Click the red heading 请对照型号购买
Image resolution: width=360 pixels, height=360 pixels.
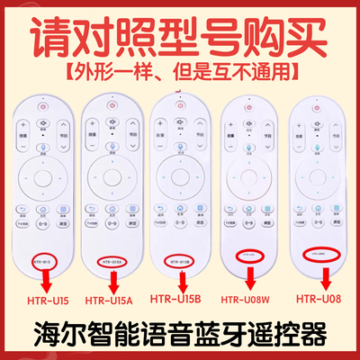[180, 31]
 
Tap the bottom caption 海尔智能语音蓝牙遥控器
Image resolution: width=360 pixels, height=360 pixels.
[180, 334]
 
